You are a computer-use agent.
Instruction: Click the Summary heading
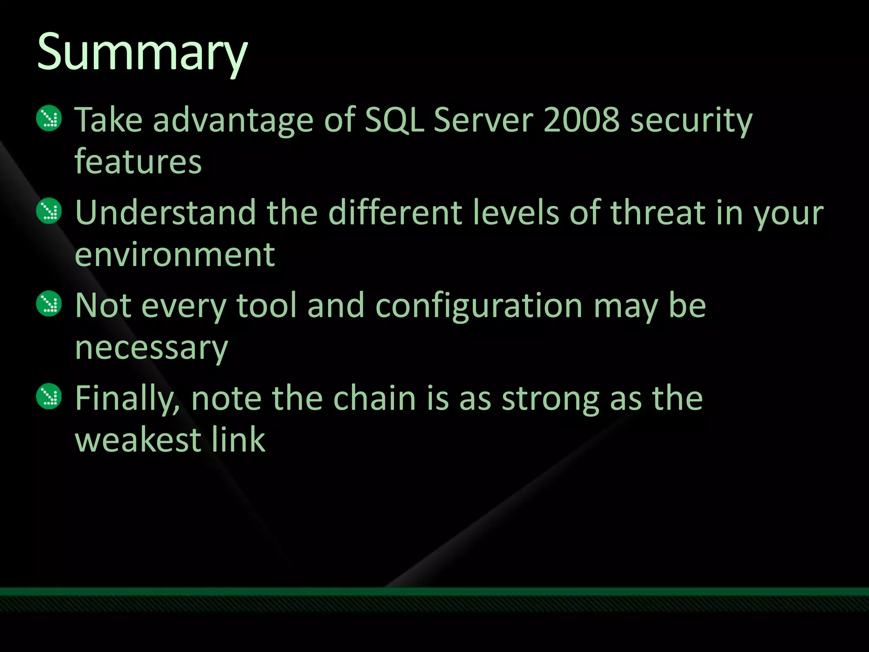point(142,53)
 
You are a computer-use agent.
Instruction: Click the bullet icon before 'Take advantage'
point(49,118)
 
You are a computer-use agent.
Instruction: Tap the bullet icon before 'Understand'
point(49,211)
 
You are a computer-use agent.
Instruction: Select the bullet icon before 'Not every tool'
point(49,304)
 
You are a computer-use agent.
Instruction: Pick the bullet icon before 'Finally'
point(49,396)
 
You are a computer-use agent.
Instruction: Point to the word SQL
point(394,120)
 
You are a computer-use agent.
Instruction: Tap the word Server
point(483,120)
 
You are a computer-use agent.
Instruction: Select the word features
point(138,162)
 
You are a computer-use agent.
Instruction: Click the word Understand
point(165,213)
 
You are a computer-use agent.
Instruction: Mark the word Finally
point(127,399)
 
